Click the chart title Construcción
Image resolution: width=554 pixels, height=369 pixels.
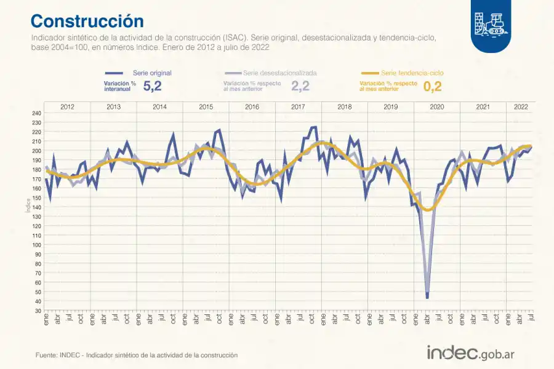pyautogui.click(x=87, y=21)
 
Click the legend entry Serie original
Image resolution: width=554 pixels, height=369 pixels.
pyautogui.click(x=152, y=73)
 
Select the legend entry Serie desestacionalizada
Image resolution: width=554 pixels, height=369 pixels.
pyautogui.click(x=279, y=73)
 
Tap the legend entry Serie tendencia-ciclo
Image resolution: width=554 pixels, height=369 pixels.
pyautogui.click(x=412, y=73)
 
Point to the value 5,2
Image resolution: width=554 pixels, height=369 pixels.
pyautogui.click(x=152, y=87)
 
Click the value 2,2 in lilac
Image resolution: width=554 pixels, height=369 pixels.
pyautogui.click(x=300, y=87)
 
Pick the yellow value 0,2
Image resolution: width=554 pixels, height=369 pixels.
pyautogui.click(x=433, y=87)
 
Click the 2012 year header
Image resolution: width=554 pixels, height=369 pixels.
pyautogui.click(x=68, y=106)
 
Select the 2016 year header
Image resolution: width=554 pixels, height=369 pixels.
pyautogui.click(x=252, y=106)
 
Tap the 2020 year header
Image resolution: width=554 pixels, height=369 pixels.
pyautogui.click(x=436, y=106)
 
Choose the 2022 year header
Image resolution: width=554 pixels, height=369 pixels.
pyautogui.click(x=520, y=106)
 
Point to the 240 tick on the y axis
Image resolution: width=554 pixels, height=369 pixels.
pyautogui.click(x=36, y=113)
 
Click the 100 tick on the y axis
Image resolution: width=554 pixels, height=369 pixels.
pyautogui.click(x=36, y=245)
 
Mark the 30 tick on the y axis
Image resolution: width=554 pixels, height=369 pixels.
pyautogui.click(x=38, y=311)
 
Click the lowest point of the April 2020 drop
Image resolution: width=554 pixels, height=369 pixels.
pyautogui.click(x=427, y=298)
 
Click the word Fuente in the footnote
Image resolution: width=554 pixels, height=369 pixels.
pyautogui.click(x=46, y=355)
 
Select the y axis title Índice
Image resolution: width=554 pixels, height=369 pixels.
pyautogui.click(x=28, y=205)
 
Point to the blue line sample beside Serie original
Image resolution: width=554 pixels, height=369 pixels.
pyautogui.click(x=115, y=73)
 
